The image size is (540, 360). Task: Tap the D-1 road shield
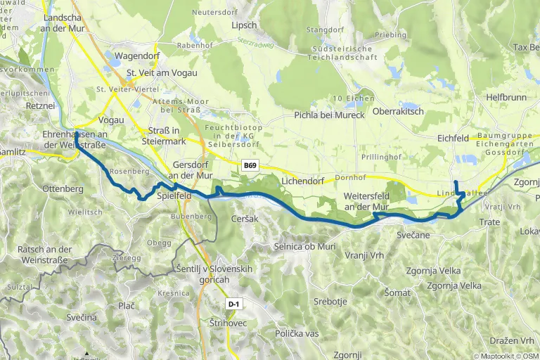tap(234, 304)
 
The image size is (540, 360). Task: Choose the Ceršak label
tap(245, 219)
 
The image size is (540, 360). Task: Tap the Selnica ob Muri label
tap(304, 247)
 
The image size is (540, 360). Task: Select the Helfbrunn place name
tap(506, 98)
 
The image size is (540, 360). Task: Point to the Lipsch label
tap(244, 25)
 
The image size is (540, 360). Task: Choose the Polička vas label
tap(297, 332)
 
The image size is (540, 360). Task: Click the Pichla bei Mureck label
tap(329, 115)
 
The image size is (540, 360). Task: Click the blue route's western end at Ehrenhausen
tap(76, 134)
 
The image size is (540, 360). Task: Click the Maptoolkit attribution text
tap(501, 356)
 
